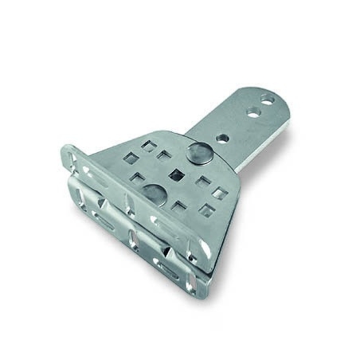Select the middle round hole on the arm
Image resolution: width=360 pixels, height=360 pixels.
pyautogui.click(x=252, y=113)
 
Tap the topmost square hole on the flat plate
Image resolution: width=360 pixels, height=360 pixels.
pyautogui.click(x=148, y=146)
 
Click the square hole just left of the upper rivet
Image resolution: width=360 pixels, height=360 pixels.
pyautogui.click(x=164, y=155)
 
